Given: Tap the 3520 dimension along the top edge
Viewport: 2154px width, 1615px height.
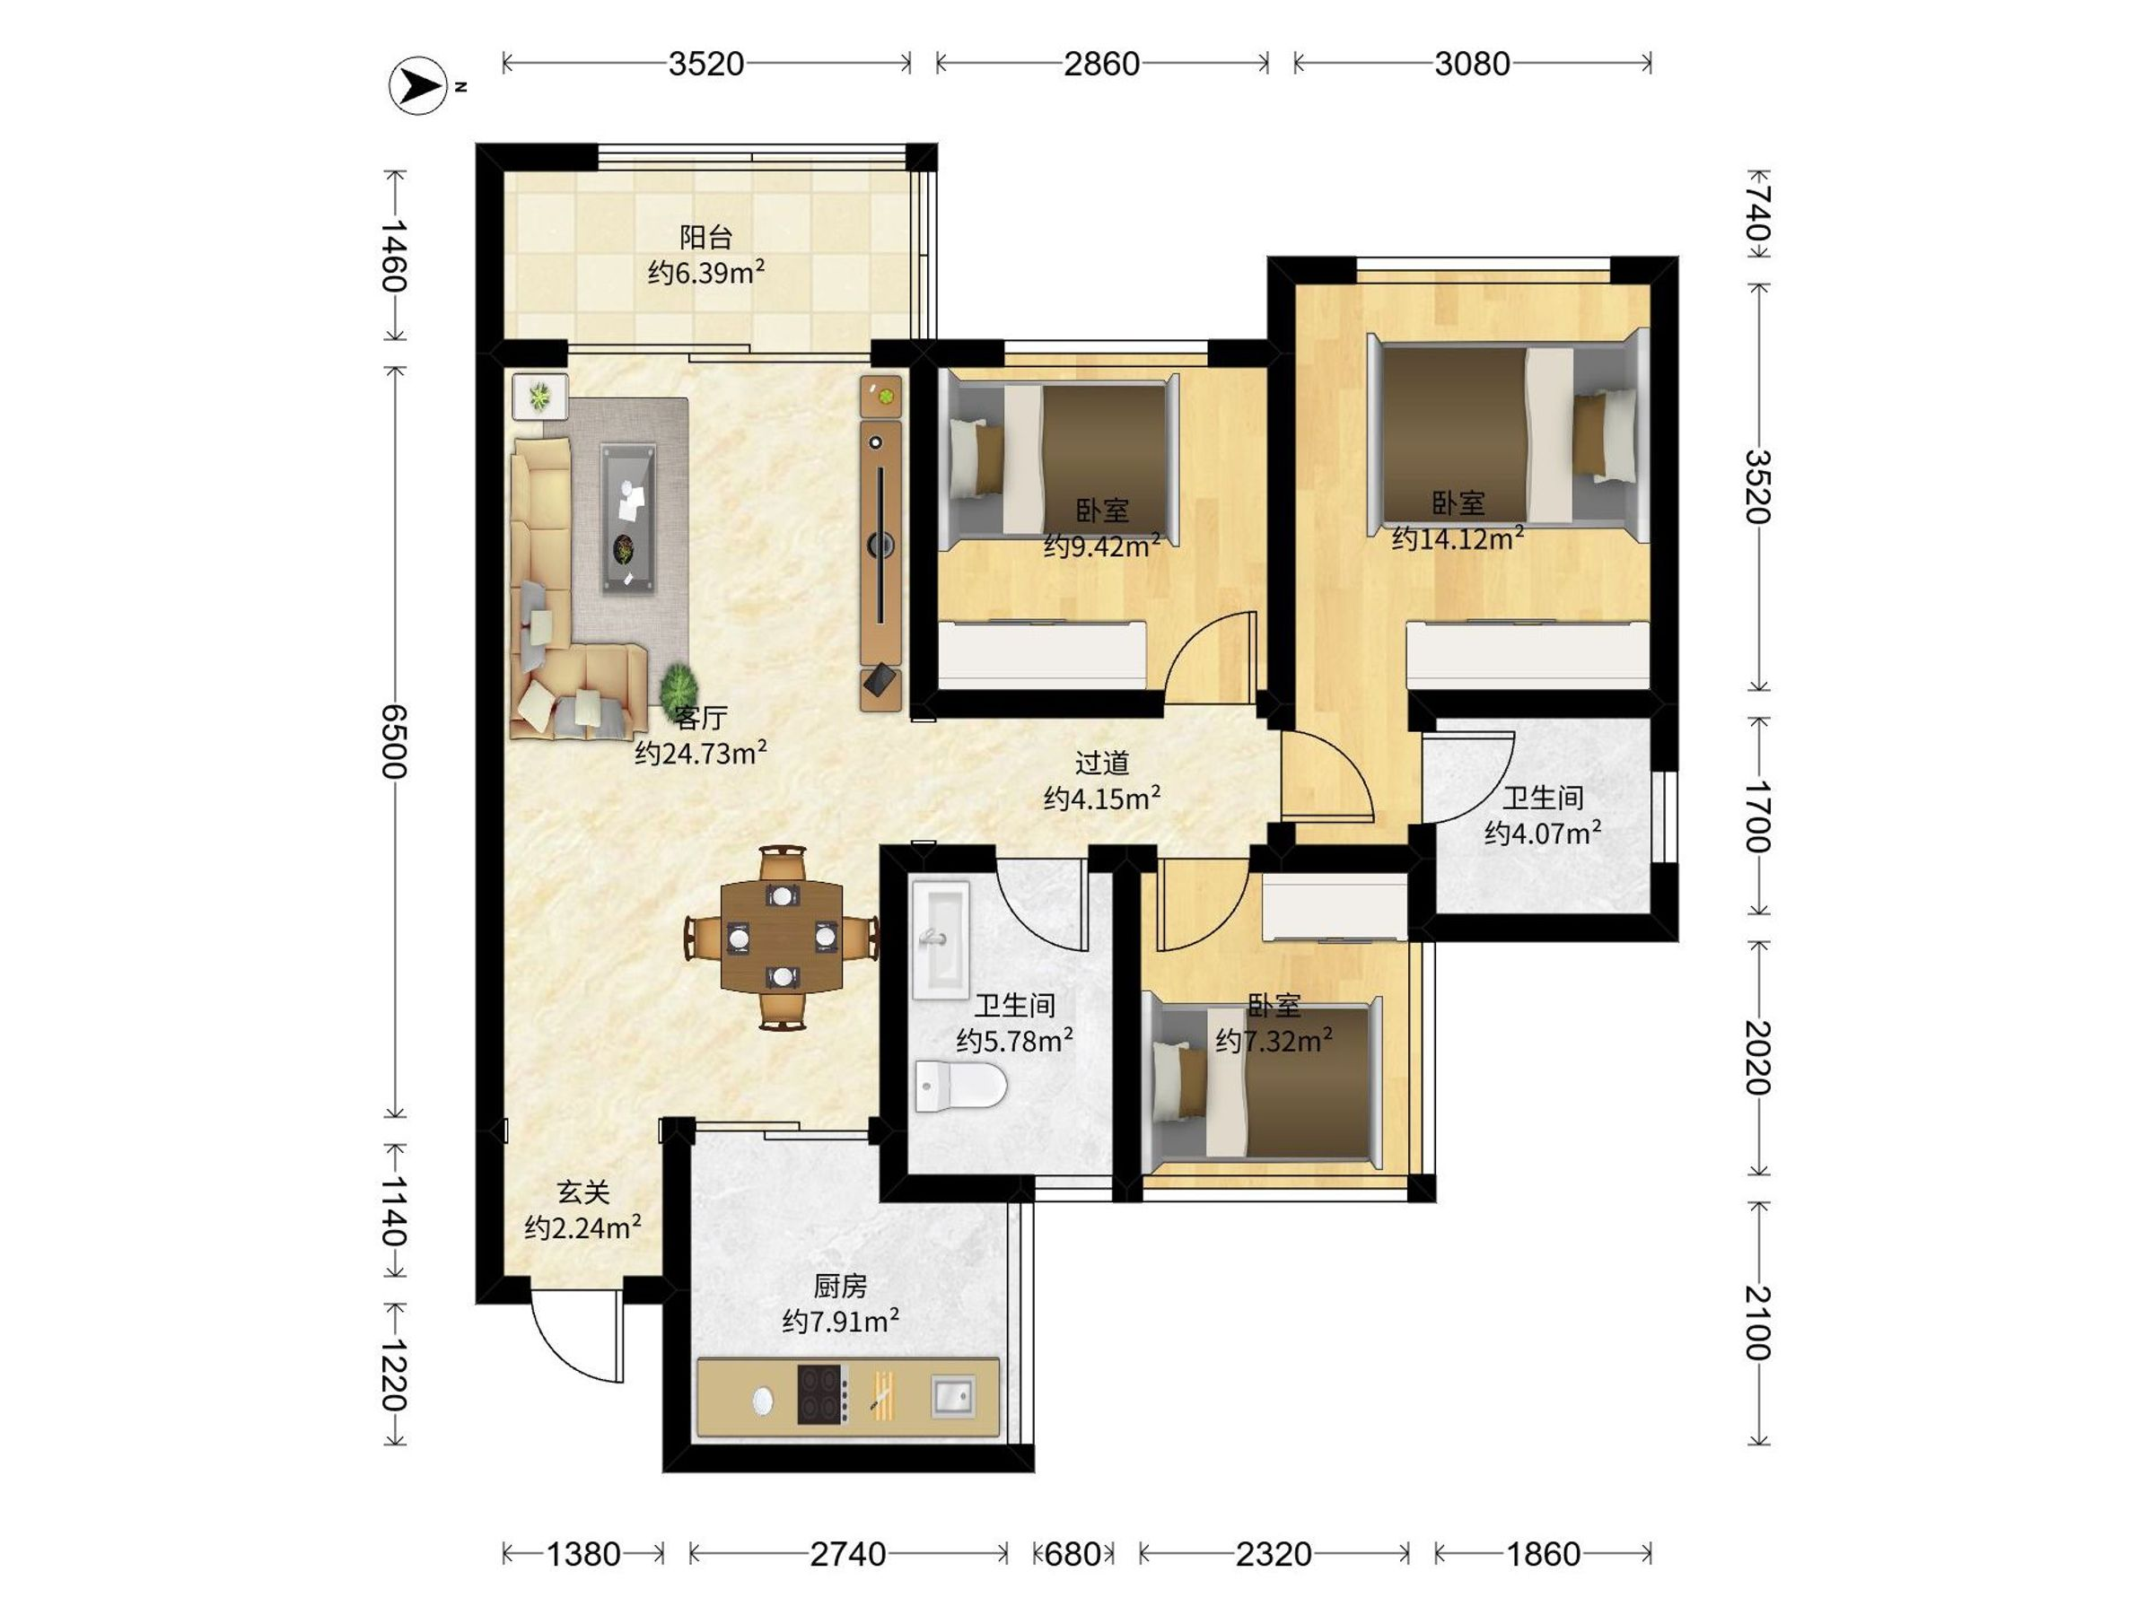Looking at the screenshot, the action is (706, 65).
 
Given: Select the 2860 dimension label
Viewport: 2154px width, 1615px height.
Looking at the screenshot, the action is (1101, 65).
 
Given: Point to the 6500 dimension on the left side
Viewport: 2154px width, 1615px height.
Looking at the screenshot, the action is (393, 742).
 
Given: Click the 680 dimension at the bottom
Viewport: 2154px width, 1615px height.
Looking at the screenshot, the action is (1073, 1555).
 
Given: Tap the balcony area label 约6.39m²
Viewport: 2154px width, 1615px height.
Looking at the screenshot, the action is (706, 273).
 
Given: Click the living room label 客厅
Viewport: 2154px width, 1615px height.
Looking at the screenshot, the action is (700, 718).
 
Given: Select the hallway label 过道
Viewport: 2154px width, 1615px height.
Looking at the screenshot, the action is (1101, 763).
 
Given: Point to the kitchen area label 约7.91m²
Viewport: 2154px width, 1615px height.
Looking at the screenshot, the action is (840, 1321).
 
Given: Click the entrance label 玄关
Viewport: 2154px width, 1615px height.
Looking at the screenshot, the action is (582, 1192).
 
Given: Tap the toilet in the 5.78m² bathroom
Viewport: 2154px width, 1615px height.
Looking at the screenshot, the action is (960, 1086).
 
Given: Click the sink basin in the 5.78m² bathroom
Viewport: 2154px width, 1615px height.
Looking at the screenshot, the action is (941, 940).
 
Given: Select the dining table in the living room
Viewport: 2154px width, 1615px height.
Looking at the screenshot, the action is (783, 937).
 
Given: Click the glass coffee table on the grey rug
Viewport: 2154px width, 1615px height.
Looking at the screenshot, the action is (629, 518).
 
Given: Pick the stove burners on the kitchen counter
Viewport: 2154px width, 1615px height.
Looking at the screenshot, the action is (822, 1396).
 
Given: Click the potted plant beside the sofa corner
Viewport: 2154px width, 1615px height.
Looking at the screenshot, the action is (678, 688).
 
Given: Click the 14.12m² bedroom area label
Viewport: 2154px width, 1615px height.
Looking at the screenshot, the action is (1458, 538).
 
